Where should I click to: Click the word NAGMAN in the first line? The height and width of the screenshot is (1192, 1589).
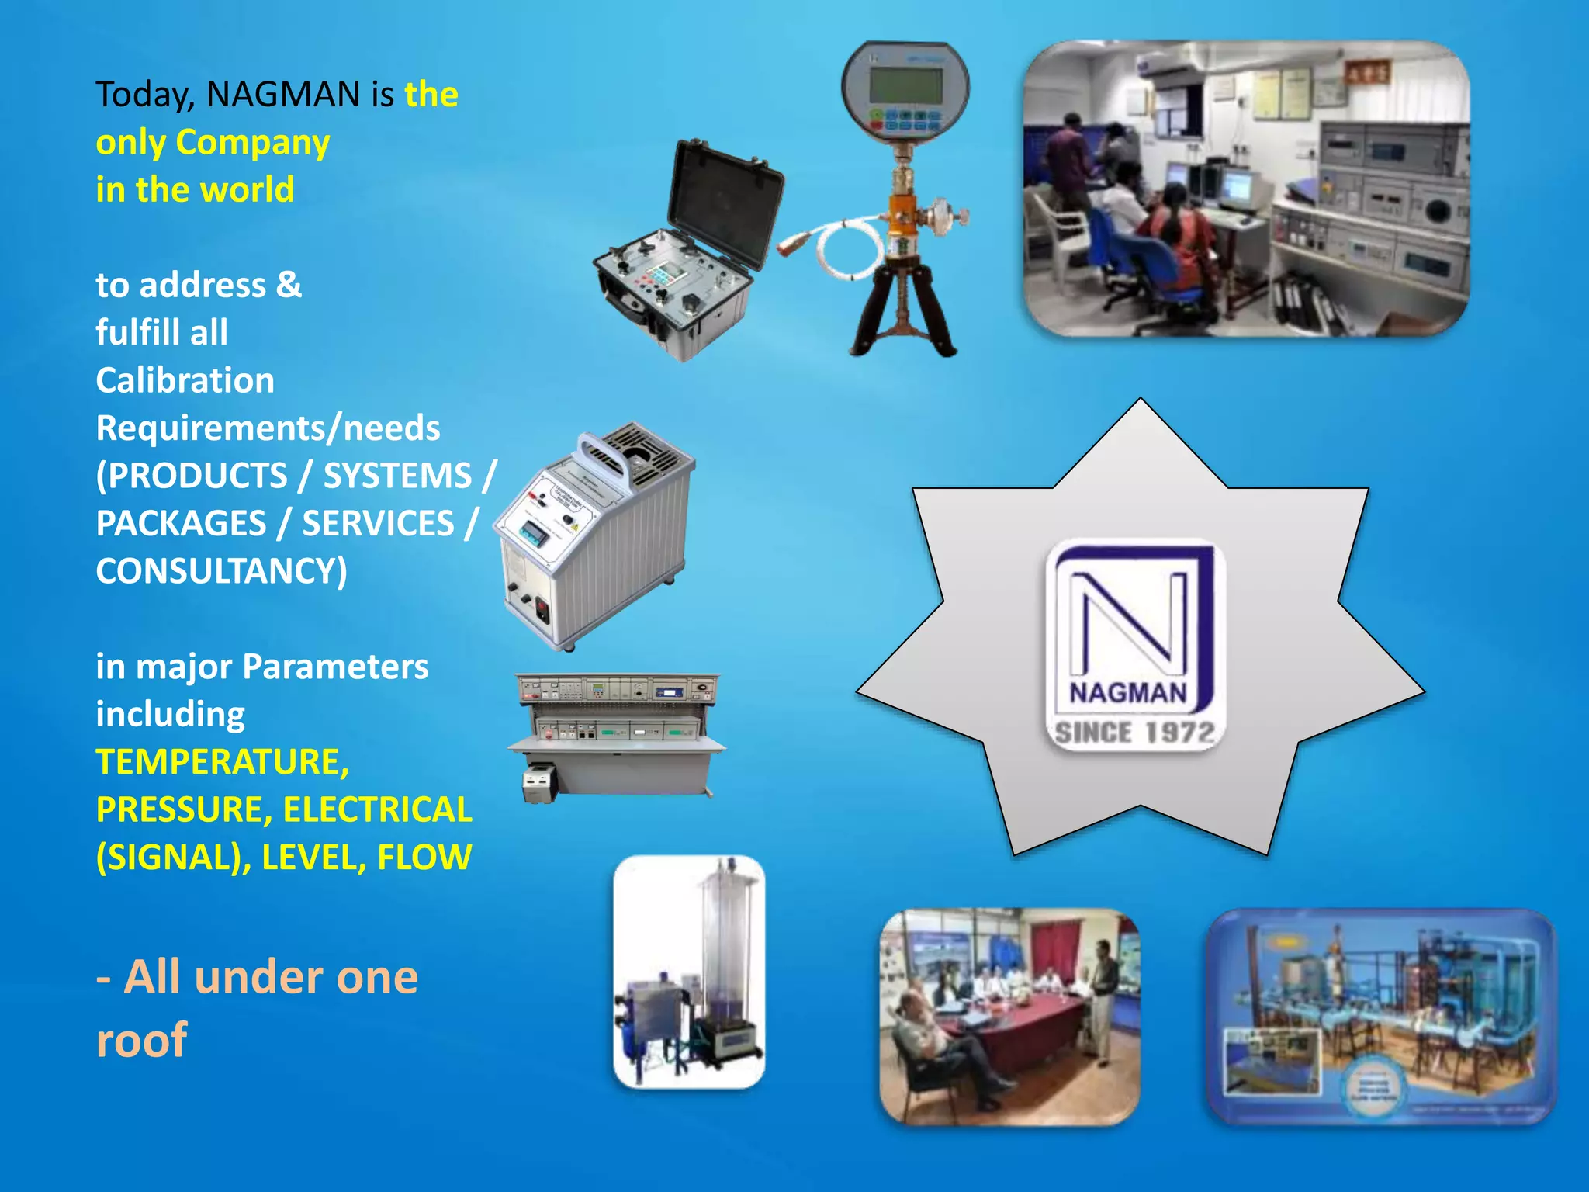(x=283, y=95)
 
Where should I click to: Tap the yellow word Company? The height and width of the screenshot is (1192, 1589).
(x=253, y=143)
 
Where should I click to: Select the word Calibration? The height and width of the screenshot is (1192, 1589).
(x=185, y=381)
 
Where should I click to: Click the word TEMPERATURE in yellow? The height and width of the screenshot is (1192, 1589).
(x=222, y=762)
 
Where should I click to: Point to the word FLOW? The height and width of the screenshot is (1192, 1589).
(x=424, y=858)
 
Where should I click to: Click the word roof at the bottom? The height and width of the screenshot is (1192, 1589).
(x=141, y=1040)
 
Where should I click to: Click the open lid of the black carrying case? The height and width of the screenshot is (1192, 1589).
(x=725, y=202)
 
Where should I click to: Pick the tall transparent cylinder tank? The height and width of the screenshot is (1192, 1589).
(x=725, y=947)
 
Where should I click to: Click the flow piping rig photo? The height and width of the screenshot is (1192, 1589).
(x=1381, y=1017)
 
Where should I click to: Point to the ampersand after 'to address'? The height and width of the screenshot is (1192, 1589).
(x=289, y=285)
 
